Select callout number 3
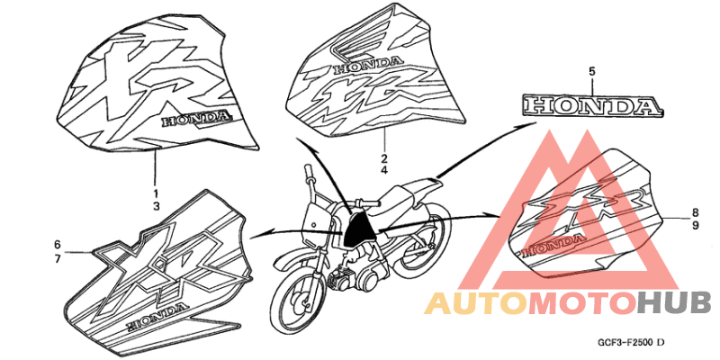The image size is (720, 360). click(x=156, y=206)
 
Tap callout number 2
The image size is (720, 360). click(x=383, y=158)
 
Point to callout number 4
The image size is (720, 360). click(x=383, y=171)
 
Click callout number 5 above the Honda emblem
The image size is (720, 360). click(x=592, y=72)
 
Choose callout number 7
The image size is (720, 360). click(x=58, y=259)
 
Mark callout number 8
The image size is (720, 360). click(x=695, y=212)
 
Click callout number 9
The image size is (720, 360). click(x=695, y=226)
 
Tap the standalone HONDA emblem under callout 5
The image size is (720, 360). click(x=592, y=105)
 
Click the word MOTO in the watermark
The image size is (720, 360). click(x=582, y=303)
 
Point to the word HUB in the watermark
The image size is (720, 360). click(x=674, y=303)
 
